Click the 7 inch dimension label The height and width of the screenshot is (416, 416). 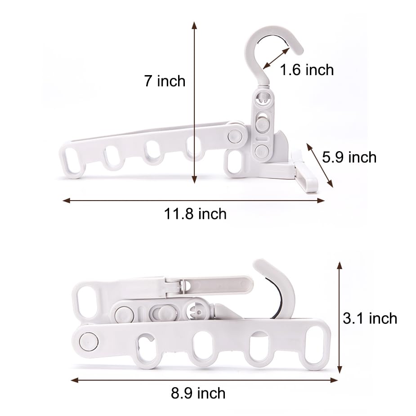tap(165, 81)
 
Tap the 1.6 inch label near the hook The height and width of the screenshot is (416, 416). tap(307, 70)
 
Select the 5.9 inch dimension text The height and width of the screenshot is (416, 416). tap(349, 157)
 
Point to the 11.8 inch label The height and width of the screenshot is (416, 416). tap(195, 214)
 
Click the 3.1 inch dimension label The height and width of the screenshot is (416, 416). tap(370, 318)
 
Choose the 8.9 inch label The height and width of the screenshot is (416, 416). tap(198, 393)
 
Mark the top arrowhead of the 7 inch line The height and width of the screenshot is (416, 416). tap(194, 25)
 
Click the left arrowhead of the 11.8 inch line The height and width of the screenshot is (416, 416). tap(66, 201)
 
